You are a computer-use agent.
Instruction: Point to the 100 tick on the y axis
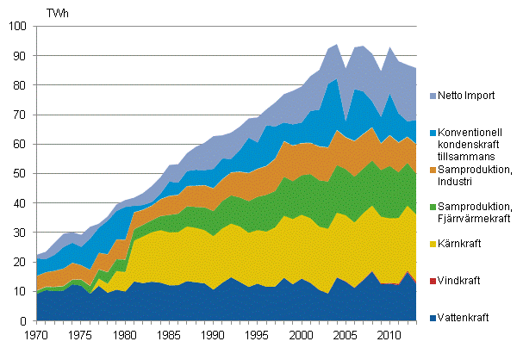[x=18, y=27]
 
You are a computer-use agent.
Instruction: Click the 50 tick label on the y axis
[x=21, y=174]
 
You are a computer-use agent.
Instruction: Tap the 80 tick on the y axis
[x=21, y=85]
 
